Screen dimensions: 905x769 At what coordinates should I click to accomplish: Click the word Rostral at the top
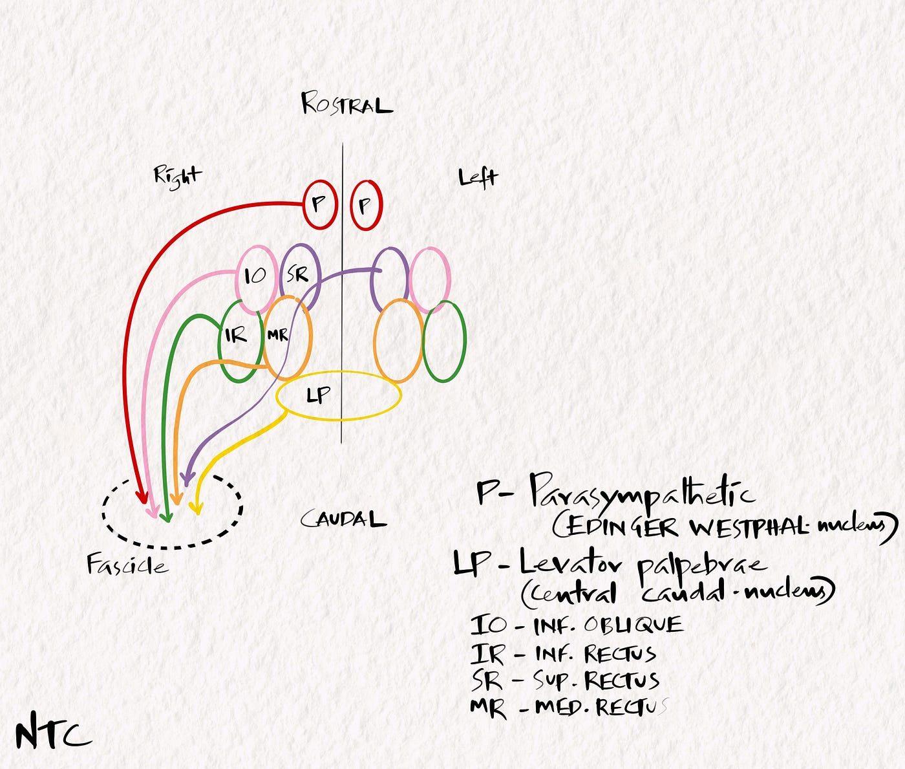[x=346, y=104]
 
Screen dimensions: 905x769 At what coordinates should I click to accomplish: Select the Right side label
[x=177, y=176]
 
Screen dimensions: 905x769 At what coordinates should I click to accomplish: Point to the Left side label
[x=478, y=178]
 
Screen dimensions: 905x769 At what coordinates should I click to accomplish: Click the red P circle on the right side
[x=319, y=204]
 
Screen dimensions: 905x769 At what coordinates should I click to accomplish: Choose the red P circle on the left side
[x=367, y=206]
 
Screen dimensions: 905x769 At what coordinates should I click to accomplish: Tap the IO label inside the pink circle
[x=255, y=276]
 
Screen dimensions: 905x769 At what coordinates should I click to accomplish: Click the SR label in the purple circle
[x=297, y=275]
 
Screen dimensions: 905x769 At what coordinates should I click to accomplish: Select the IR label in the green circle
[x=236, y=336]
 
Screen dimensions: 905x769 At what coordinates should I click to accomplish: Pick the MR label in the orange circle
[x=278, y=336]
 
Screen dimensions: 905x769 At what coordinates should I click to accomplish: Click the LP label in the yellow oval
[x=318, y=395]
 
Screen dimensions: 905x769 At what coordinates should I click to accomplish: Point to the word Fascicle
[x=127, y=565]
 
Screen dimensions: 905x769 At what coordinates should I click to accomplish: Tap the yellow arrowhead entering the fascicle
[x=196, y=508]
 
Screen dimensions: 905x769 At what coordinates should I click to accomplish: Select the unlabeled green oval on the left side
[x=443, y=341]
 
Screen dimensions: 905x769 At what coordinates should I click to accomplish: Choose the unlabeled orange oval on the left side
[x=398, y=341]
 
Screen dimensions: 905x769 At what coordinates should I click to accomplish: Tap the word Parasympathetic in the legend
[x=641, y=493]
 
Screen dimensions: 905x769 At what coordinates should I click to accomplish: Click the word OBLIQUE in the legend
[x=633, y=625]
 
